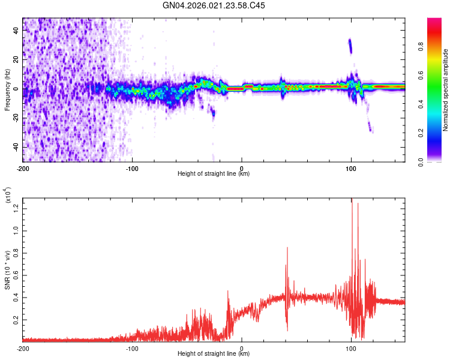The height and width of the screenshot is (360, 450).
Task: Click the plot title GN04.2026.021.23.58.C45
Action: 214,5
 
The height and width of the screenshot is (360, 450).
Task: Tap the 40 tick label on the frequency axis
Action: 15,31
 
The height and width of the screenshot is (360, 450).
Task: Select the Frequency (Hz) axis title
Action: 7,89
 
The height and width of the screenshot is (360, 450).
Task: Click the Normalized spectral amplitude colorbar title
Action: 446,90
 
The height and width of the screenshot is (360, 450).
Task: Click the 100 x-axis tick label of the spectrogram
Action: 351,168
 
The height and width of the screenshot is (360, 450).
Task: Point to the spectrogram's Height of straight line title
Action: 214,174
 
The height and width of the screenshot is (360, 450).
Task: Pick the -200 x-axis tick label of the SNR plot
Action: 23,348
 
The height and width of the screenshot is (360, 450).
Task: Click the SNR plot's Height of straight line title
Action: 214,354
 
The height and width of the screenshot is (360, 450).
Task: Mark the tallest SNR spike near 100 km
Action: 352,199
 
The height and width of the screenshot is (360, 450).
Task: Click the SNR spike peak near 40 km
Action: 287,247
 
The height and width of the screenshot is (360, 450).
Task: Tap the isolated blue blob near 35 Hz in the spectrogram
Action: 350,46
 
